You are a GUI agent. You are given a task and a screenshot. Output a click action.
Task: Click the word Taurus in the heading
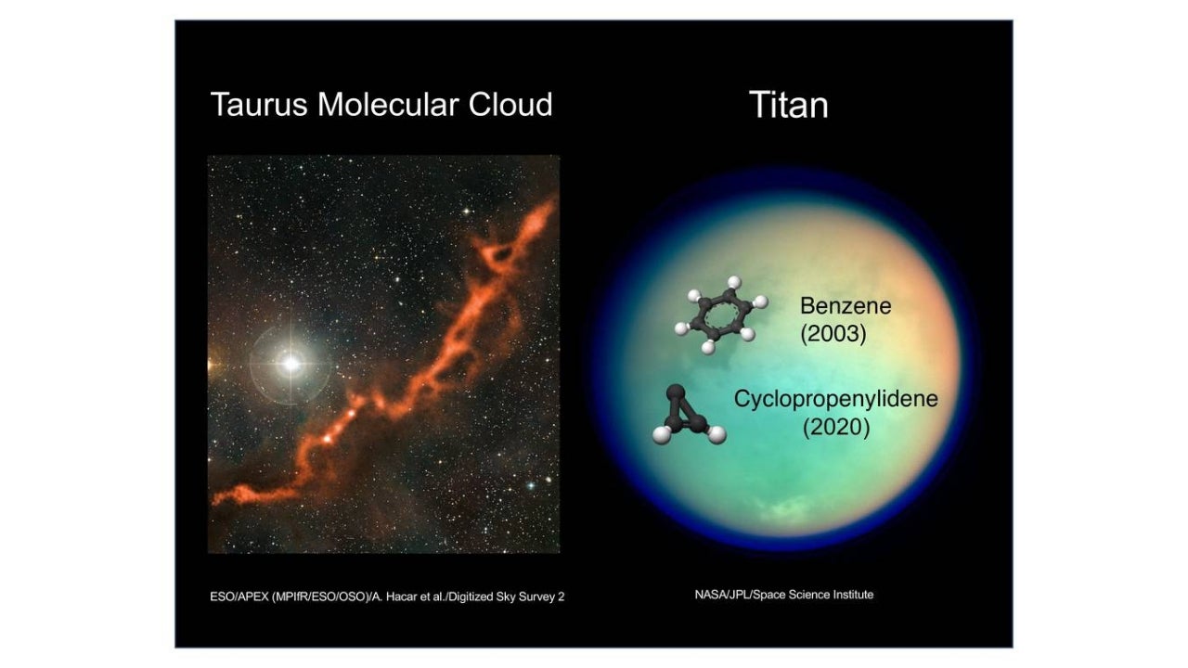259,105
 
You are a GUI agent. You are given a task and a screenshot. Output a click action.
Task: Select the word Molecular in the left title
388,104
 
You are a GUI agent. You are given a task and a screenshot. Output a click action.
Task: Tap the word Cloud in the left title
510,104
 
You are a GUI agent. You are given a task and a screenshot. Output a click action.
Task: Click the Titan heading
789,105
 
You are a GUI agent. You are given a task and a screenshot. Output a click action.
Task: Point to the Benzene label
846,306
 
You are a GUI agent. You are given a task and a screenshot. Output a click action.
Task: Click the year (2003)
833,334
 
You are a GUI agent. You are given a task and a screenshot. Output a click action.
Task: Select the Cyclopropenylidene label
836,399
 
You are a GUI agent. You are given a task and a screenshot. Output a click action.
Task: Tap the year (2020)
836,428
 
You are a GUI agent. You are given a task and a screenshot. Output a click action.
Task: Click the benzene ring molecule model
721,315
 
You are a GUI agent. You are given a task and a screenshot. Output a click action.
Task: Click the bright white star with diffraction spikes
291,364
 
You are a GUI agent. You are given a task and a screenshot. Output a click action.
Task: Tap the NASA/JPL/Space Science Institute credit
784,595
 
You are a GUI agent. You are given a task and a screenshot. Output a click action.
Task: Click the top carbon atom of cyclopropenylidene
676,392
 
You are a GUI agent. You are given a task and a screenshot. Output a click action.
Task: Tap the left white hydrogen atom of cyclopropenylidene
662,434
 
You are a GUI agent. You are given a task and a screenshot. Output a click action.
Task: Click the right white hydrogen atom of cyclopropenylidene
717,434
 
